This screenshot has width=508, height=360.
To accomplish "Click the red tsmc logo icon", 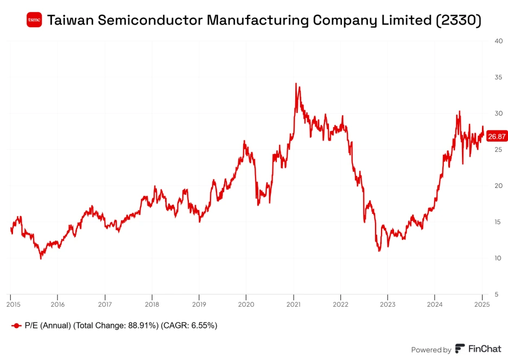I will pos(34,20).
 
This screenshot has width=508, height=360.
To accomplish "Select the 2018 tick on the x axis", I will pos(152,305).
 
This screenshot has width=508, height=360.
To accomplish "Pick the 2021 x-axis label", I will pos(294,305).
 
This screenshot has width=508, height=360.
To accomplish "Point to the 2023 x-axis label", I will pos(388,305).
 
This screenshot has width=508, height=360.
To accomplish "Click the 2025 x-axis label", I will pos(482,305).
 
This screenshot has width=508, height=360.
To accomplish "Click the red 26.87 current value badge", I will pos(497,136).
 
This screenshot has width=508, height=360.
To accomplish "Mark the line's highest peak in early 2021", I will pos(296,84).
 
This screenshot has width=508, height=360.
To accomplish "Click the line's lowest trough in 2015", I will pos(41,258).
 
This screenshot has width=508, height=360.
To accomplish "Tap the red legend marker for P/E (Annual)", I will pos(16,326).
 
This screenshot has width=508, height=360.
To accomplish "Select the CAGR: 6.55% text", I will pos(190,326).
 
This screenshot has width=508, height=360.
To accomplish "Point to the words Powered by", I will pos(431,350).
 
